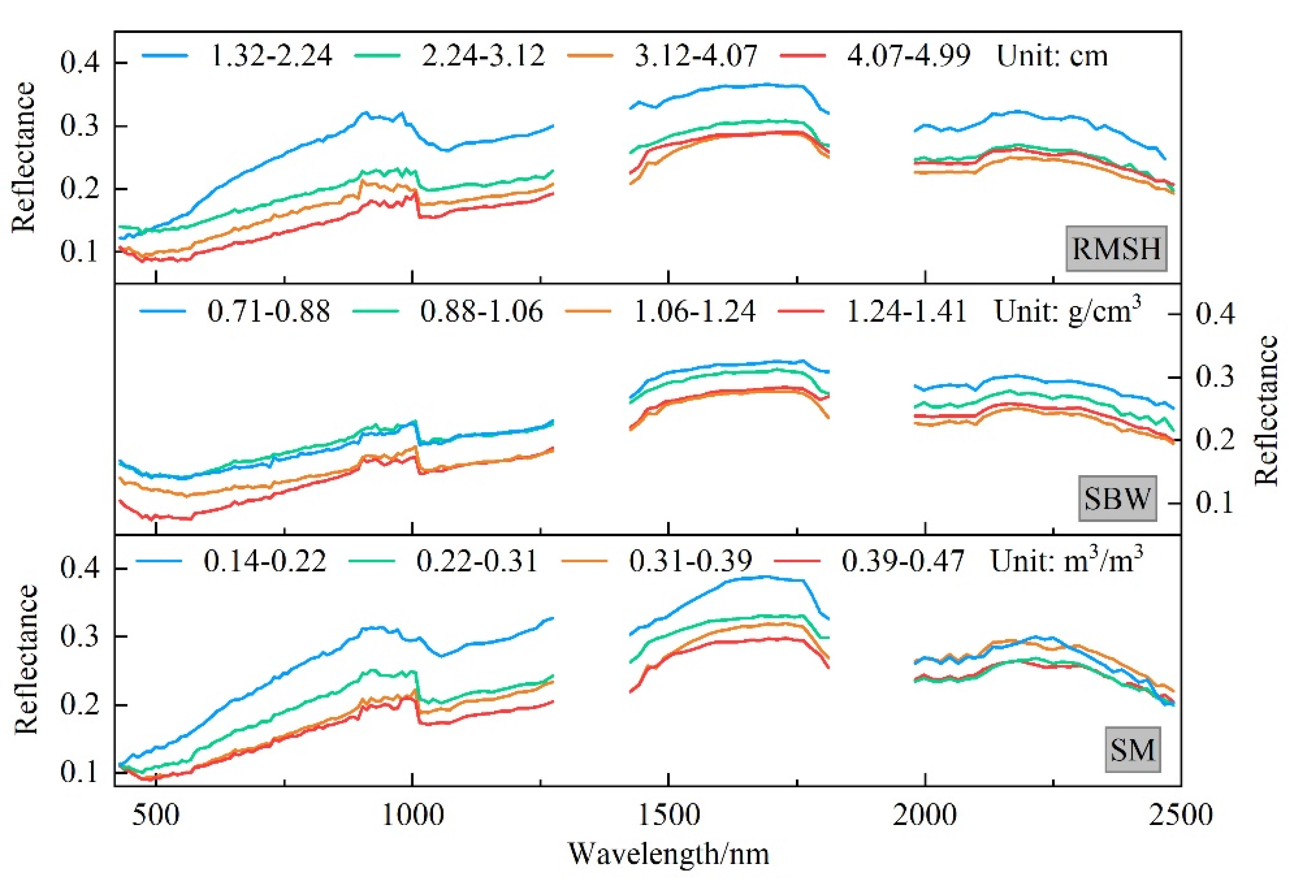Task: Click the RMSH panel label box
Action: coord(1116,248)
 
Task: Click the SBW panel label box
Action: coord(1117,498)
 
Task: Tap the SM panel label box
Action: coord(1132,750)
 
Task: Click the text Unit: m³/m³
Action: coord(1066,560)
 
